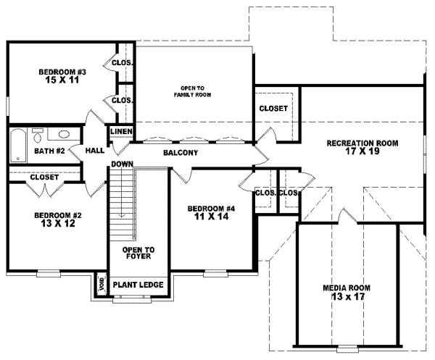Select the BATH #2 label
(x=50, y=151)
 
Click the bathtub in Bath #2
(x=17, y=146)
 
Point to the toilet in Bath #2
(x=38, y=134)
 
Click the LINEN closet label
(x=120, y=132)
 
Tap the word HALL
(x=95, y=151)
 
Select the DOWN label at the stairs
(x=121, y=164)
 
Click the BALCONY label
(x=181, y=153)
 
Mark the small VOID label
(x=100, y=287)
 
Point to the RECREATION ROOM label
(x=362, y=143)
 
